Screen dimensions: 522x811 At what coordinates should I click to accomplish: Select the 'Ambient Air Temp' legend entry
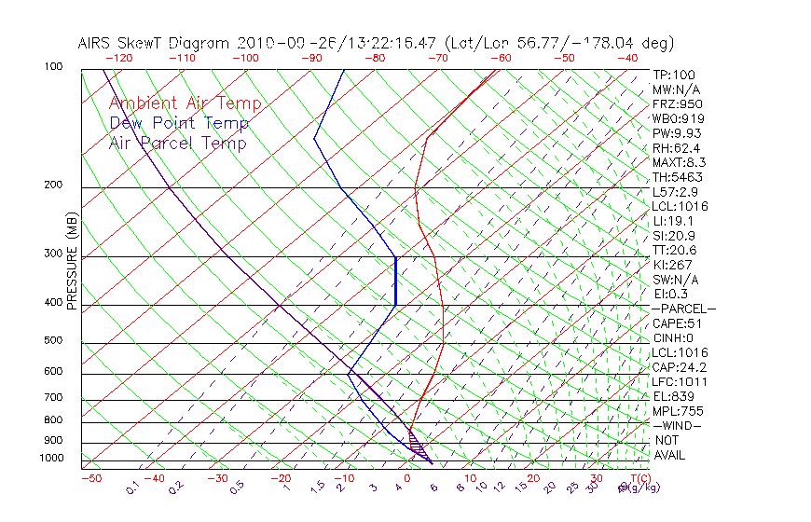(x=186, y=103)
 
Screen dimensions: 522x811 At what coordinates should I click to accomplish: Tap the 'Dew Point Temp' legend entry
(x=179, y=123)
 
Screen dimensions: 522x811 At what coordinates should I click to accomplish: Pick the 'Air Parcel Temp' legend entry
(x=178, y=143)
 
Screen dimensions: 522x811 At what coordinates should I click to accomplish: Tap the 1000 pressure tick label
(x=52, y=459)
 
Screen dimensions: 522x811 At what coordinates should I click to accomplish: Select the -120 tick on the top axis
(x=118, y=58)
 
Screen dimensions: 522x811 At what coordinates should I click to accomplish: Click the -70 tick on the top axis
(x=437, y=58)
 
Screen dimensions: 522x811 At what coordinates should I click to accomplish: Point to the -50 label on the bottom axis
(x=90, y=479)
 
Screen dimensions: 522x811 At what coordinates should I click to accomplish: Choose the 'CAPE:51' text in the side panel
(x=677, y=323)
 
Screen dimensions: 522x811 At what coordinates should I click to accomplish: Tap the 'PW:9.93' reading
(x=677, y=133)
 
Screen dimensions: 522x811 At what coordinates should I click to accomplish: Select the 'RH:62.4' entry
(x=677, y=147)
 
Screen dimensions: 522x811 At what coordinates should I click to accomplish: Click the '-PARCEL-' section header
(x=683, y=309)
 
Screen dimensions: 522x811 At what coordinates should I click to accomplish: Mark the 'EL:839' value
(x=672, y=396)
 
